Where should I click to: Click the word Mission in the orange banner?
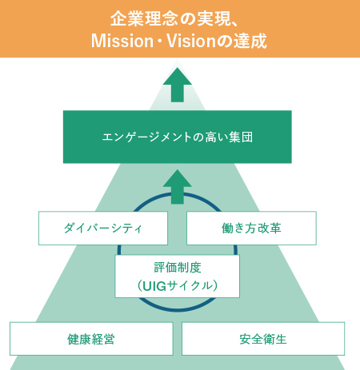(122, 41)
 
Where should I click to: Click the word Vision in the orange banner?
(190, 41)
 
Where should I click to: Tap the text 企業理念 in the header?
(144, 18)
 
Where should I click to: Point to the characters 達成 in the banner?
(250, 41)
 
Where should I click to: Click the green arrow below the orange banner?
(178, 85)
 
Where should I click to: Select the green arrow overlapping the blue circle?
(178, 187)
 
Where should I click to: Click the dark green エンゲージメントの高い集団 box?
(178, 137)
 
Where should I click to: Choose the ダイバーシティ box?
(103, 228)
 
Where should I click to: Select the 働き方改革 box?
(251, 228)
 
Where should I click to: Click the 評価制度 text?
(178, 268)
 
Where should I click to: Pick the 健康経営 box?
(91, 339)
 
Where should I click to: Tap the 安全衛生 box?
(263, 339)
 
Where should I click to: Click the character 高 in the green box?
(211, 137)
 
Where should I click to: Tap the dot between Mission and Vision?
(161, 42)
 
